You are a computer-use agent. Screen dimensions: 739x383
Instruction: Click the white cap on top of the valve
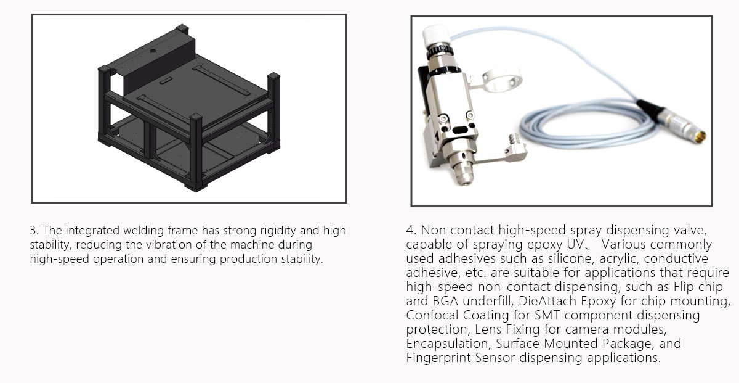point(436,35)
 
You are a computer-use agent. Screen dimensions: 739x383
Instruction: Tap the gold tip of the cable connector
point(700,136)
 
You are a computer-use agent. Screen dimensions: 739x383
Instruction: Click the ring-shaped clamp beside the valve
point(501,80)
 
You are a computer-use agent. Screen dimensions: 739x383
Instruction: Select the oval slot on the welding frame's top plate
point(166,81)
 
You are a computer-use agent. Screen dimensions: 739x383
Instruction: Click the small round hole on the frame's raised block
point(153,51)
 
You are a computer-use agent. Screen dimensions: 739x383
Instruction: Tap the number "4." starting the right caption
point(411,230)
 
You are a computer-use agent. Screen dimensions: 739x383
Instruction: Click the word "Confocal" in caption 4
point(432,315)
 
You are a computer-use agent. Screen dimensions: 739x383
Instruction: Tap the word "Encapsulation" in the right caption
point(447,344)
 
